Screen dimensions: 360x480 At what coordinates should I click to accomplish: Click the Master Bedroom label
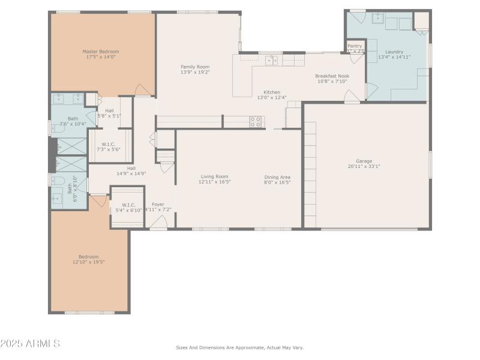101,52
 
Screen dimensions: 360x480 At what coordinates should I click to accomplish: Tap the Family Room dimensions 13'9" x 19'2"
195,72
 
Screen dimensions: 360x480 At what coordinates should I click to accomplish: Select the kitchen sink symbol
272,59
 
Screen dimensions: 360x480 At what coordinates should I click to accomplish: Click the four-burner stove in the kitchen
255,121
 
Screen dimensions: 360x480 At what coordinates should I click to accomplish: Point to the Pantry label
355,46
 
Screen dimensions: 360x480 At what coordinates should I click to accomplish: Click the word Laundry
394,52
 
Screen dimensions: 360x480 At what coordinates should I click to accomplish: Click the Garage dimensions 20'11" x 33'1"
364,166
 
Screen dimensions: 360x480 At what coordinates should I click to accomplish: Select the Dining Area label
277,177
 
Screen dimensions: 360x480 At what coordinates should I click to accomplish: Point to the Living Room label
214,176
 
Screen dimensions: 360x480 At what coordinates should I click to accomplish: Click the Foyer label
158,205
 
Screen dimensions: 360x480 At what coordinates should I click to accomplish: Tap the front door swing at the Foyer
158,224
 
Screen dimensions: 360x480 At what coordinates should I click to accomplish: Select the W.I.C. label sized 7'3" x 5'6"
108,144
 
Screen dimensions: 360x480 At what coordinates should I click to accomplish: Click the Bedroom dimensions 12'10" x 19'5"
89,262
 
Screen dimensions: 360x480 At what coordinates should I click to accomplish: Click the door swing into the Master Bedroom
143,90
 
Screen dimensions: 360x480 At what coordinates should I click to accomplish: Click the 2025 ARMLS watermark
30,344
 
